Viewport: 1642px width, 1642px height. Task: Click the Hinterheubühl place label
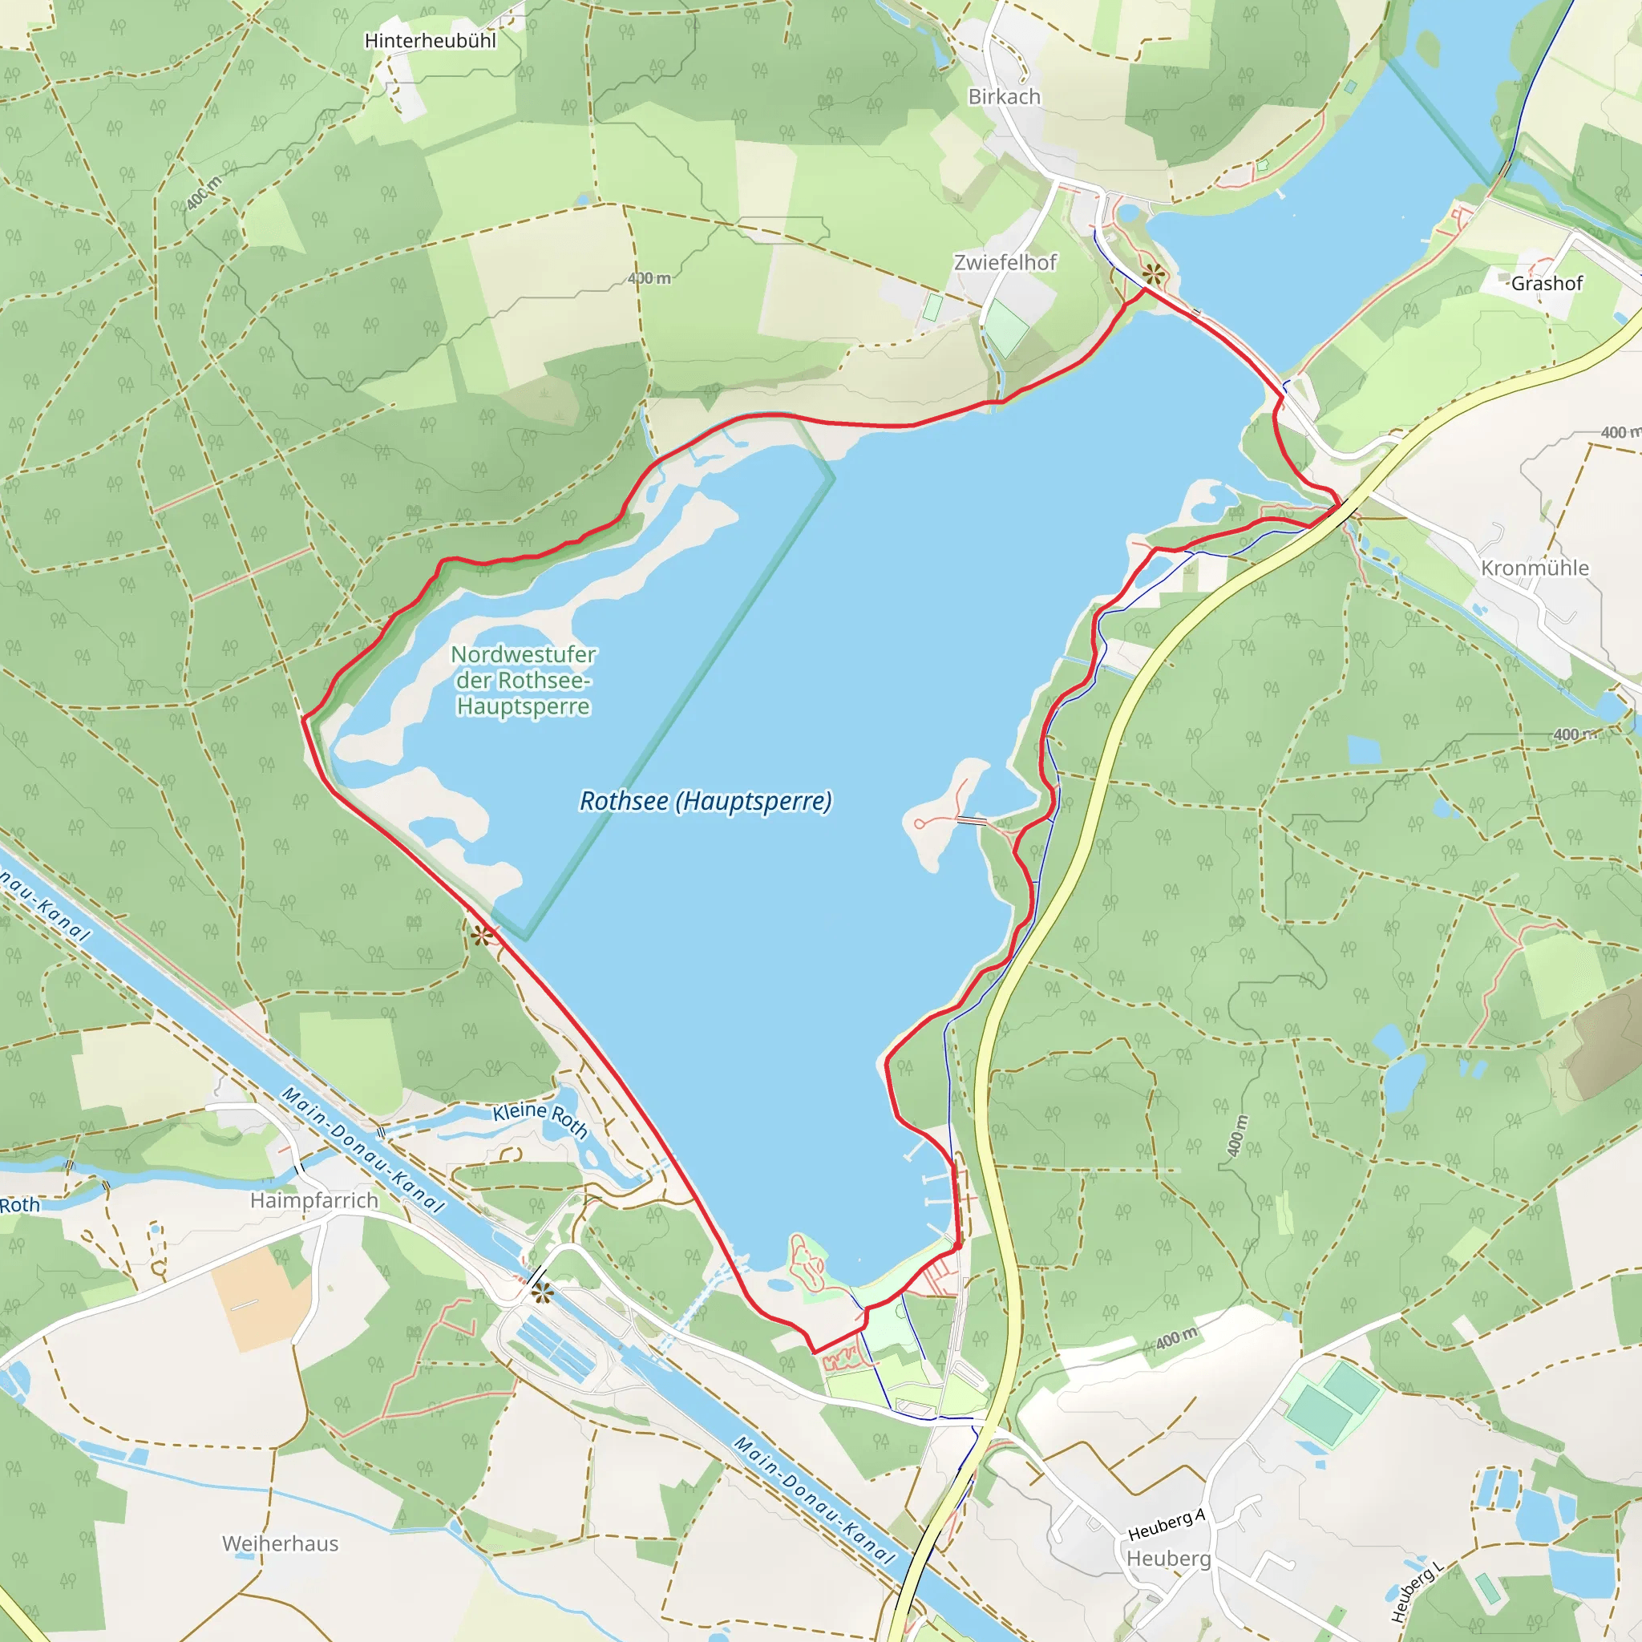[x=430, y=41]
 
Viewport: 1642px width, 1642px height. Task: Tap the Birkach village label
[x=1004, y=97]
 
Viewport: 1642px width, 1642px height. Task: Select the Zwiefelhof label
[x=1005, y=263]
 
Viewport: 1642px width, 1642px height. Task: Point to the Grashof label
[x=1546, y=284]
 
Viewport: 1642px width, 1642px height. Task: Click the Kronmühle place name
[x=1534, y=568]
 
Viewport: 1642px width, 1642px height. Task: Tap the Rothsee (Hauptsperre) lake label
[x=706, y=801]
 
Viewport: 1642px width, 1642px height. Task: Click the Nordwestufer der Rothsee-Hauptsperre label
[x=523, y=680]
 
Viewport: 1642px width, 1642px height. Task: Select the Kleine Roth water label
[x=540, y=1118]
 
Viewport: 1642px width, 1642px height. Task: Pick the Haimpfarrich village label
[x=313, y=1200]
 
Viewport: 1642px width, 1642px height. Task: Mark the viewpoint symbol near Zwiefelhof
[x=1152, y=273]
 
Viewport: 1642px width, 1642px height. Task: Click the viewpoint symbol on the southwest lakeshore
[x=482, y=936]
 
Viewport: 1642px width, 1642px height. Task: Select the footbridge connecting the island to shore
[x=972, y=821]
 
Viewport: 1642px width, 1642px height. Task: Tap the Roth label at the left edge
[x=18, y=1205]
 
